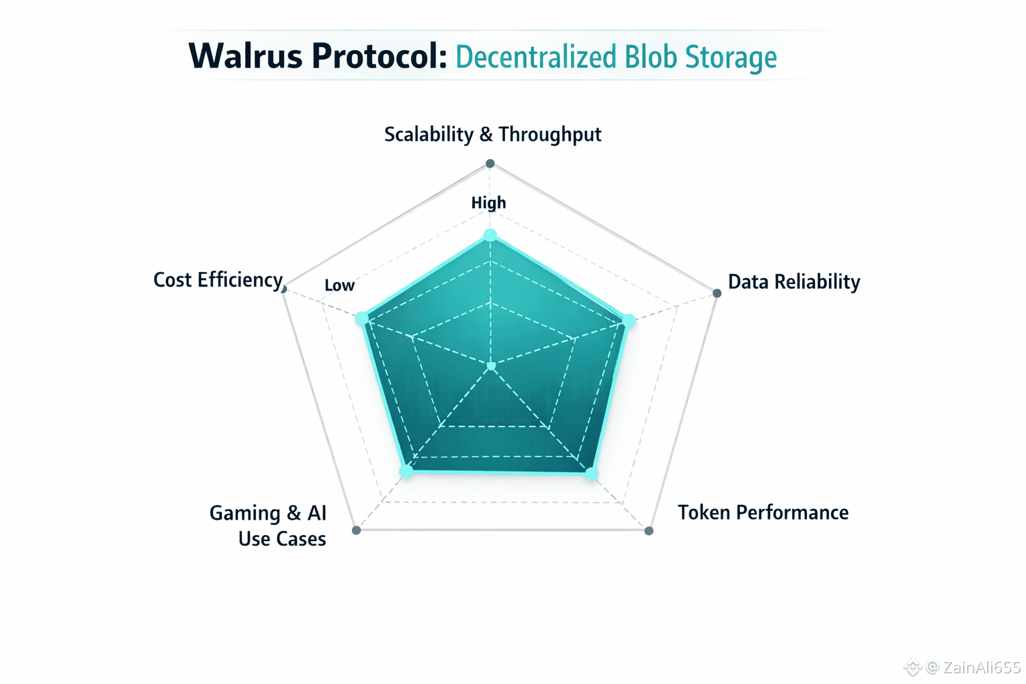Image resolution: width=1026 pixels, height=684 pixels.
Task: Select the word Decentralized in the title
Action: tap(536, 57)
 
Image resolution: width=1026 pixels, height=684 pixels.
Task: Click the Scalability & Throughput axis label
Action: tap(492, 134)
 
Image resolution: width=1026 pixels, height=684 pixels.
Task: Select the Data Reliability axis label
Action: tap(794, 282)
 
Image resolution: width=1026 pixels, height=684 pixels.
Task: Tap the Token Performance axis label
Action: tap(763, 512)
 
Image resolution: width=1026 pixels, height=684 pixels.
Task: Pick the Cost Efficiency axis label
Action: tap(218, 280)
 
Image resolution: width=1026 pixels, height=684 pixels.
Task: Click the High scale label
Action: tap(488, 203)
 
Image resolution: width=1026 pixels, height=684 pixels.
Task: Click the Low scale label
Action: tap(339, 286)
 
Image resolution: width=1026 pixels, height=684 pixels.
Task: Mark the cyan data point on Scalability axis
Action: tap(490, 235)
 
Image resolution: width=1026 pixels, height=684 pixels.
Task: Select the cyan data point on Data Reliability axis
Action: tap(629, 321)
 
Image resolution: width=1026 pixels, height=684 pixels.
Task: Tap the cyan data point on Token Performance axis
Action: tap(591, 474)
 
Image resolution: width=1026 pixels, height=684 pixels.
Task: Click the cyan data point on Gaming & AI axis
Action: tap(406, 472)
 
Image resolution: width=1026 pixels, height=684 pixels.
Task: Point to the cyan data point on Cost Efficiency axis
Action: tap(361, 318)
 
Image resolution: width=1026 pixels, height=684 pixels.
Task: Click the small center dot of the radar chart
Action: tap(492, 366)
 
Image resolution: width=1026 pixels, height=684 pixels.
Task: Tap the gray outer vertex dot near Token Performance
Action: tap(649, 531)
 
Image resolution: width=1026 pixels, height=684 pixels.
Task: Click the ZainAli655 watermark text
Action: tap(981, 667)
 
